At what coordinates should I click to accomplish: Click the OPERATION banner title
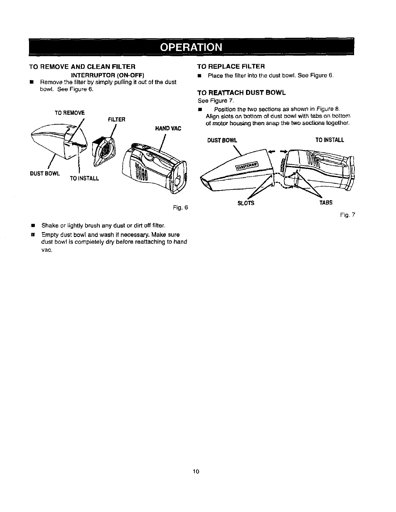(x=191, y=47)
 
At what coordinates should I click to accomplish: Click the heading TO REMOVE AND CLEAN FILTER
(x=82, y=67)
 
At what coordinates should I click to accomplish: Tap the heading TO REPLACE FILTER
(x=231, y=67)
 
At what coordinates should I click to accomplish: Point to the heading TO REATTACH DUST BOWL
(x=242, y=93)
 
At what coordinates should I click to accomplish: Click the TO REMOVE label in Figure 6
(x=69, y=113)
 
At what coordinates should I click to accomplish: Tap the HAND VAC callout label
(x=168, y=128)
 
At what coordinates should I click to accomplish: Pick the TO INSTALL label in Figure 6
(x=84, y=178)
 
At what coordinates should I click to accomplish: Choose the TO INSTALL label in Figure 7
(x=330, y=140)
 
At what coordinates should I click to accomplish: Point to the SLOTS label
(x=246, y=203)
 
